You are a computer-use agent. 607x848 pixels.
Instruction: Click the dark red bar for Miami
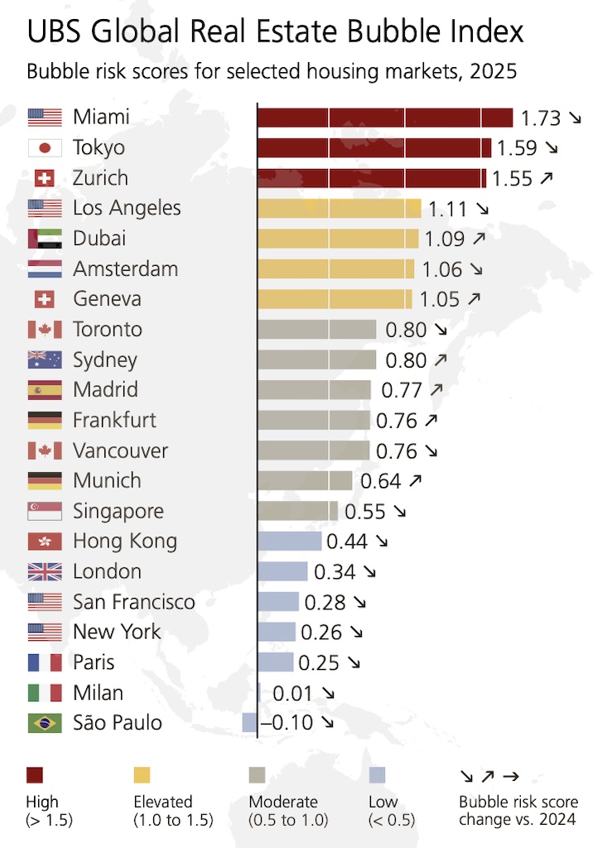[385, 118]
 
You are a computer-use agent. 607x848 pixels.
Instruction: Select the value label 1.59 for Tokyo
[516, 148]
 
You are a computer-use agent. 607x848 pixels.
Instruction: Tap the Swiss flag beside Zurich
[45, 178]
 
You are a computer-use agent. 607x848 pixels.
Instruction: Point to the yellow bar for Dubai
[338, 238]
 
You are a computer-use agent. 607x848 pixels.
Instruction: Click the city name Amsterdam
[125, 269]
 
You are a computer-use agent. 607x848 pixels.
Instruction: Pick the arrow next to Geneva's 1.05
[474, 300]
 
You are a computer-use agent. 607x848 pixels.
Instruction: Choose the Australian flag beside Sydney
[45, 360]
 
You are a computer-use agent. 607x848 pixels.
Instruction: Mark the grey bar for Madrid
[314, 390]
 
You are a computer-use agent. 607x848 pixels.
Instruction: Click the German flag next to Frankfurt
[45, 421]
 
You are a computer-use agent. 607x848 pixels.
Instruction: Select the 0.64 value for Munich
[380, 481]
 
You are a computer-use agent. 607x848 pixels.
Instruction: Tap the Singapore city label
[118, 511]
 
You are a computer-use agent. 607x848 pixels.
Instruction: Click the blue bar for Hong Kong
[289, 542]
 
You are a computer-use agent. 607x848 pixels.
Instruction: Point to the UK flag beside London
[45, 571]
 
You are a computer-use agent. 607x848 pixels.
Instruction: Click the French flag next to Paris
[45, 662]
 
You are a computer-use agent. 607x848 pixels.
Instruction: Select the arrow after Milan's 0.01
[328, 693]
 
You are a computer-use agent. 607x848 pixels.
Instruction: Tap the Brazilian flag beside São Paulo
[45, 723]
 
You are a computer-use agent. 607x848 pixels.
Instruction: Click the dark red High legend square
[35, 775]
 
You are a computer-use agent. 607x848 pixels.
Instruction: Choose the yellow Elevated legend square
[142, 775]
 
